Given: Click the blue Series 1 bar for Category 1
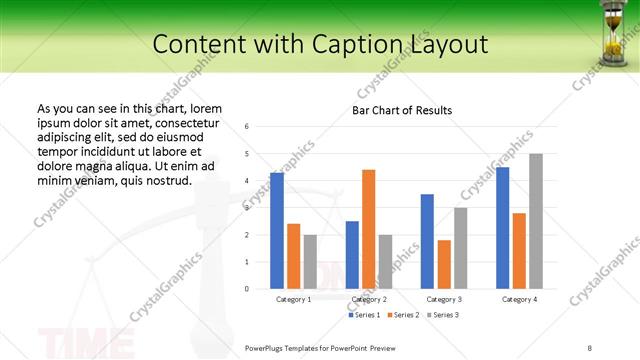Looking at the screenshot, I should (x=277, y=231).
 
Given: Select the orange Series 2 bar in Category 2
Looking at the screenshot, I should (x=368, y=229).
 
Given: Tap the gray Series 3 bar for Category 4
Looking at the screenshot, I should (x=536, y=221).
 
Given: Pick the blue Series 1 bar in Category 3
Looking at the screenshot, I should (x=427, y=241).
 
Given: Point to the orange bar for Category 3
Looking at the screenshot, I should (x=443, y=264).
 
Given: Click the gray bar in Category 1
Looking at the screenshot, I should (x=310, y=262).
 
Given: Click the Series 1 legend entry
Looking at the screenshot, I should (x=364, y=315).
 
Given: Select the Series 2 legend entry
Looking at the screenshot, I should (x=403, y=315).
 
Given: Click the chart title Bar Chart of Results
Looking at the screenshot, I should (x=402, y=110).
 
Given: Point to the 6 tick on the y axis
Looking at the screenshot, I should (x=247, y=127).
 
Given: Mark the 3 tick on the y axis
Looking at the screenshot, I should (x=247, y=208).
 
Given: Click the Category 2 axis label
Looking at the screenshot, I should (x=368, y=299).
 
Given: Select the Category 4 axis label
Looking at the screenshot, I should (x=519, y=299).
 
